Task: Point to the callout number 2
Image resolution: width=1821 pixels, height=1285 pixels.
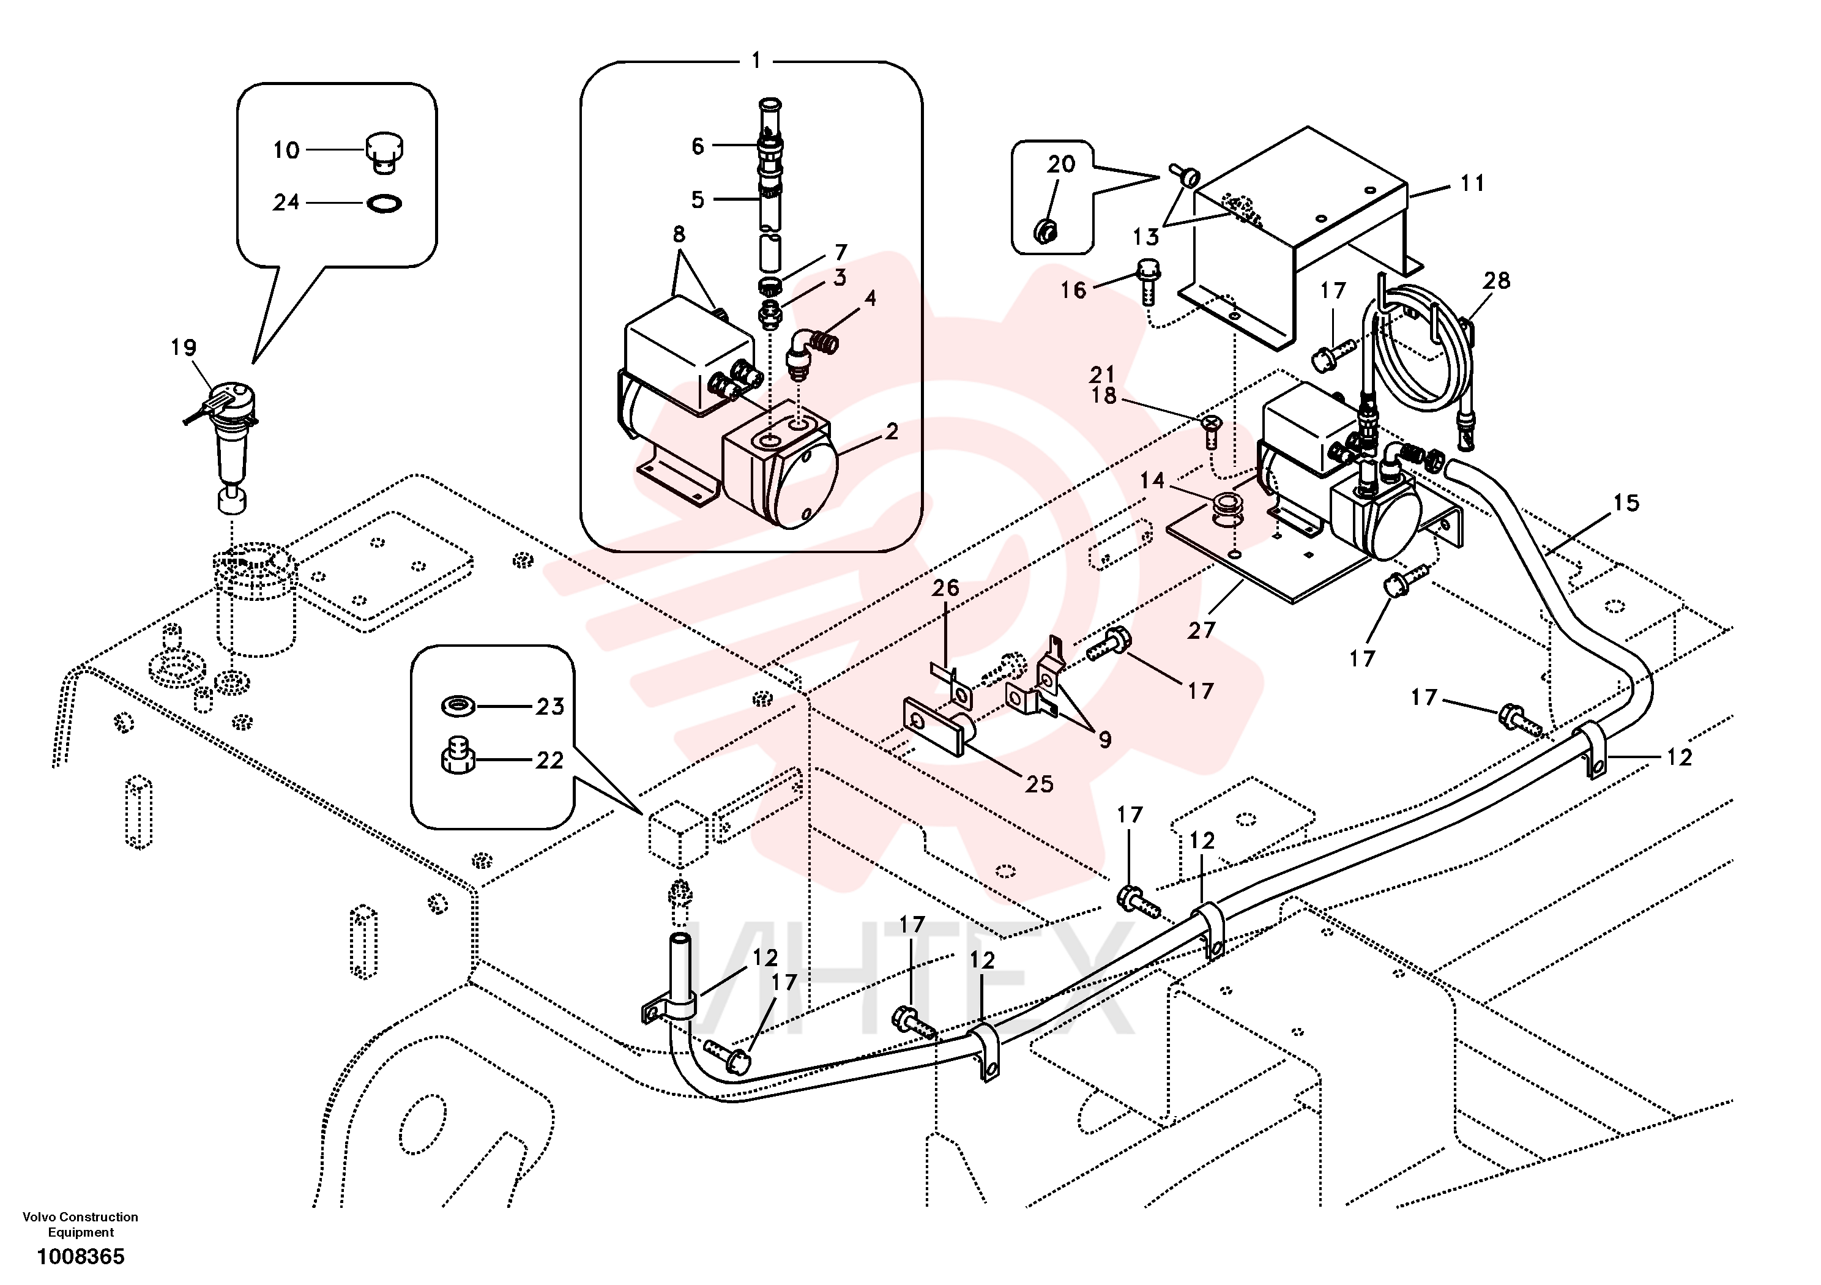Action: click(x=892, y=431)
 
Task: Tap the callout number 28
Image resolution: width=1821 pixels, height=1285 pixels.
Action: click(x=1497, y=280)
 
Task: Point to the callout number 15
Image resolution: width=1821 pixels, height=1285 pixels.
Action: click(x=1626, y=503)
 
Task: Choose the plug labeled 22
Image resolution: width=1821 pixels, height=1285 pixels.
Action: click(x=458, y=758)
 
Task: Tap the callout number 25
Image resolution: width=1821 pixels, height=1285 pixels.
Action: click(x=1039, y=784)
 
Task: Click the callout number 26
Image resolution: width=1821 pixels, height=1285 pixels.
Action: click(x=945, y=588)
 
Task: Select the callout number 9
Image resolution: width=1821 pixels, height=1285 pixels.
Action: click(x=1105, y=740)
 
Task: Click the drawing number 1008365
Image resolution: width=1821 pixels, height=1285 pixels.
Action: click(x=81, y=1256)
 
